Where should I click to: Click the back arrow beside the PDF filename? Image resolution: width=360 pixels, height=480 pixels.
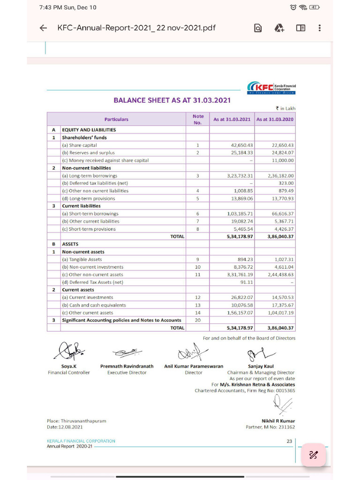coord(43,28)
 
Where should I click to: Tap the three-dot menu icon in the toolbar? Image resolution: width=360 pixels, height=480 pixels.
coord(320,28)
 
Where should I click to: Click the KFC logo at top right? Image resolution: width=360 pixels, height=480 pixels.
coord(272,88)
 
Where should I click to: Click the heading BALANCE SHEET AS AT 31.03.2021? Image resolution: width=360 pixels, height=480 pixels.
coord(172,100)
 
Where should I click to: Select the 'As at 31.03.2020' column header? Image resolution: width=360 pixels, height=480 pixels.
coord(275,120)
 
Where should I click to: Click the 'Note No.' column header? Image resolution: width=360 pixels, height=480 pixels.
coord(198,120)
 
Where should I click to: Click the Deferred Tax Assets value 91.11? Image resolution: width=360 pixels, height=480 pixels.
coord(247,282)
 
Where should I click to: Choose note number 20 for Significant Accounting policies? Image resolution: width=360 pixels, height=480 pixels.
coord(198,320)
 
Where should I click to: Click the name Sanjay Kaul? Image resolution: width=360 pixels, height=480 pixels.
coord(261,366)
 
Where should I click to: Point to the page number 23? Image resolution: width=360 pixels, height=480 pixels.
coord(289,441)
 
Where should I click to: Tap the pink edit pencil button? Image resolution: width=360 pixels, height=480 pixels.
coord(313,455)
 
